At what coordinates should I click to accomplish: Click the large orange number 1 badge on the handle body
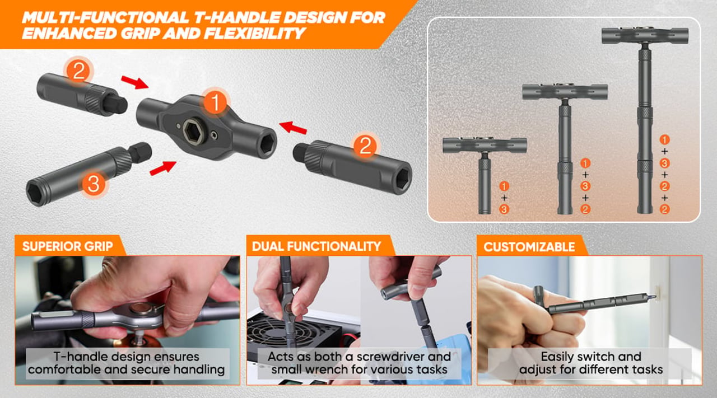tap(216, 102)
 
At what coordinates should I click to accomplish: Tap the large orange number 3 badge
tap(94, 184)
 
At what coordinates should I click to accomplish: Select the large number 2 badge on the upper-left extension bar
tap(78, 71)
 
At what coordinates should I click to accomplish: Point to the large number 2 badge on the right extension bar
tap(365, 146)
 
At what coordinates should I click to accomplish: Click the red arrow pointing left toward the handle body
tap(293, 127)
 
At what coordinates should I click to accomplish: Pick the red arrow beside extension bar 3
tap(163, 168)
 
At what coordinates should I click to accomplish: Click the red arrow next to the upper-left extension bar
tap(135, 82)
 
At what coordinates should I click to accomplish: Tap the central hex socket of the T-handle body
tap(194, 132)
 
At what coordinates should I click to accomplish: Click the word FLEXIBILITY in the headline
tap(254, 34)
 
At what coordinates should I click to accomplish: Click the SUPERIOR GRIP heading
tap(68, 246)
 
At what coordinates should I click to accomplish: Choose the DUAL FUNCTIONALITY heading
tap(316, 246)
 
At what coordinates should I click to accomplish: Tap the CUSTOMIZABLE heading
tap(529, 247)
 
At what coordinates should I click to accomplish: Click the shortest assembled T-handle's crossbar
tap(485, 145)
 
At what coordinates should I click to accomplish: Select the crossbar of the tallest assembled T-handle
tap(645, 35)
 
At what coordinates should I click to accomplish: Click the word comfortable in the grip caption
tap(64, 369)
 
